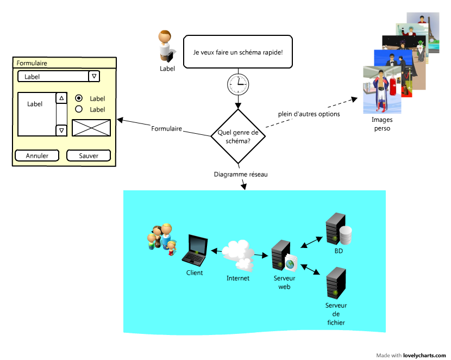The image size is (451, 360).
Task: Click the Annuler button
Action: tap(37, 156)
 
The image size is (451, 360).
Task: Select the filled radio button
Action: tap(79, 98)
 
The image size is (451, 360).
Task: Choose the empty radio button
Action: tap(79, 109)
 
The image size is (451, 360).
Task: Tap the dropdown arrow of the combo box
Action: tap(94, 76)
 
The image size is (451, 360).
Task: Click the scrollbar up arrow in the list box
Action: tap(61, 98)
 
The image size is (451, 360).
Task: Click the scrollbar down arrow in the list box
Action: tap(61, 130)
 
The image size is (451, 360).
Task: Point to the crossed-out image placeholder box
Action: tap(91, 128)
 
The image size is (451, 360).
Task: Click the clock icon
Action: tap(238, 84)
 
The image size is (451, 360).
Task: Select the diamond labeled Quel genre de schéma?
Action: tap(238, 136)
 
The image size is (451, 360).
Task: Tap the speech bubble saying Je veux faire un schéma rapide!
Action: tap(238, 52)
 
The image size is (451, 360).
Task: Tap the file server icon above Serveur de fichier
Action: tap(336, 282)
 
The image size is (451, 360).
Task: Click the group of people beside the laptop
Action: tap(162, 239)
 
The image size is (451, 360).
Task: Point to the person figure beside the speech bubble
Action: tap(165, 46)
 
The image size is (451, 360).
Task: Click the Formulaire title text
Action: tap(32, 63)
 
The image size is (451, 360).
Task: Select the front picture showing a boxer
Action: tap(382, 90)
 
